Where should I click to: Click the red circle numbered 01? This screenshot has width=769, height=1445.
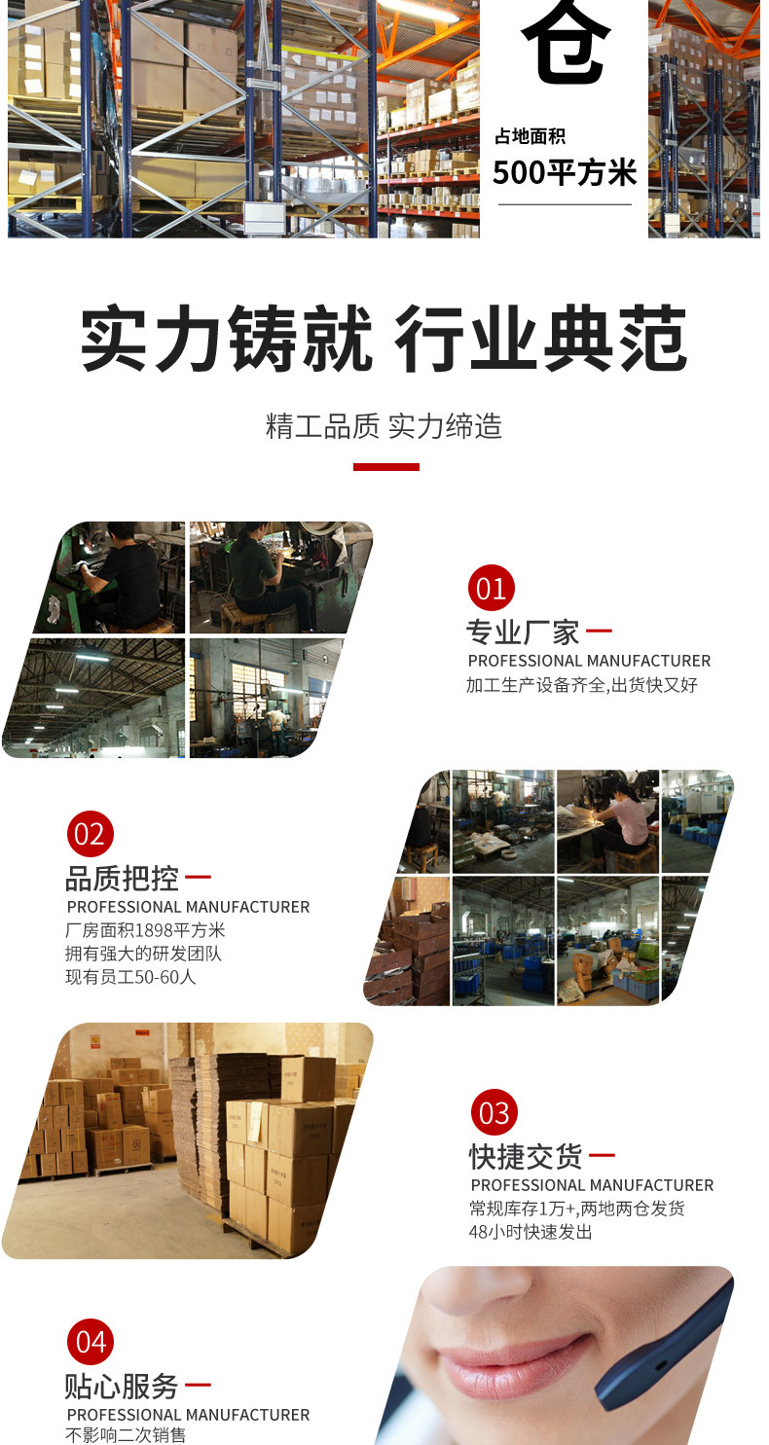coord(492,589)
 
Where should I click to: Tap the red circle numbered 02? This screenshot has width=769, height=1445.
coord(90,834)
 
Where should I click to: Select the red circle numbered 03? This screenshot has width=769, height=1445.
coord(494,1112)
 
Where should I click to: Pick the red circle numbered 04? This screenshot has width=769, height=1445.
coord(91,1343)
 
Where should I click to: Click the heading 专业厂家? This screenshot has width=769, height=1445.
coord(523,632)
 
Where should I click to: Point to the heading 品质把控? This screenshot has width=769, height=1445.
coord(122,879)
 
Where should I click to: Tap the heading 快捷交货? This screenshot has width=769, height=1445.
coord(526,1156)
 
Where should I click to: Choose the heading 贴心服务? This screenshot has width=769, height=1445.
coord(122,1386)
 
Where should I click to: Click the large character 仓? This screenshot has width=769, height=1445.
coord(566,44)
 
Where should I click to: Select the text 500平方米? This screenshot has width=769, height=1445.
coord(565,173)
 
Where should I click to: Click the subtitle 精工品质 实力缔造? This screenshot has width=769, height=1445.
coord(384,426)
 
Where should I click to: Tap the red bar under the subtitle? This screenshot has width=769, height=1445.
coord(385,467)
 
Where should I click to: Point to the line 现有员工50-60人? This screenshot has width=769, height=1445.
coord(130,976)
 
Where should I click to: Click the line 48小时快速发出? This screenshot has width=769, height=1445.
coord(531,1232)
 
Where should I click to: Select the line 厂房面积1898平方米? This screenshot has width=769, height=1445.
coord(145,930)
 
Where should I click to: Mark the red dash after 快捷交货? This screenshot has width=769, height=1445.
coord(602,1156)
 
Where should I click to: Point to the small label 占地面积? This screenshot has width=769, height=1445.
coord(530,136)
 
